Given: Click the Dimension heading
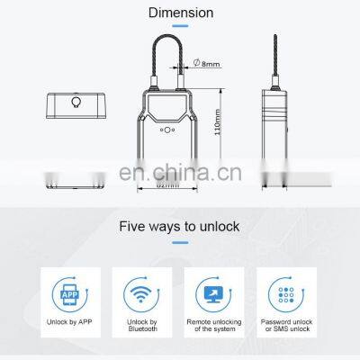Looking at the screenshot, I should click(181, 13).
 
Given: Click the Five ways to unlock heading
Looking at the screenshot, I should click(181, 226).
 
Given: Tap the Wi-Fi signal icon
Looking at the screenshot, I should click(141, 293).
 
